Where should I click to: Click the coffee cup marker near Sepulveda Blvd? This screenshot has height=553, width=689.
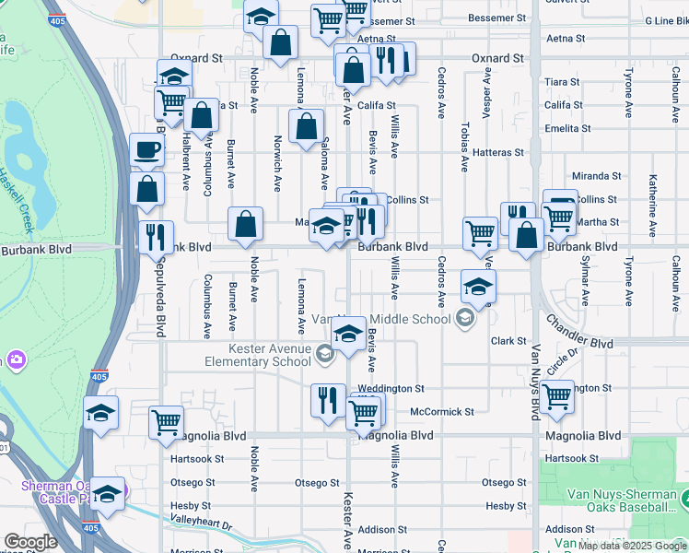pyautogui.click(x=146, y=150)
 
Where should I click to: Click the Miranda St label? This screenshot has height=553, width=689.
pyautogui.click(x=596, y=175)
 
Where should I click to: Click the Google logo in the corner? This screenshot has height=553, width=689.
pyautogui.click(x=30, y=542)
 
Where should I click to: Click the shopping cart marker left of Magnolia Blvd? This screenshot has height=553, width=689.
pyautogui.click(x=166, y=422)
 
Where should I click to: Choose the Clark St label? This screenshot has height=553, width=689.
pyautogui.click(x=508, y=341)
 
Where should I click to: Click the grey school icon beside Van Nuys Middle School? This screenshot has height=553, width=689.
pyautogui.click(x=465, y=319)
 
